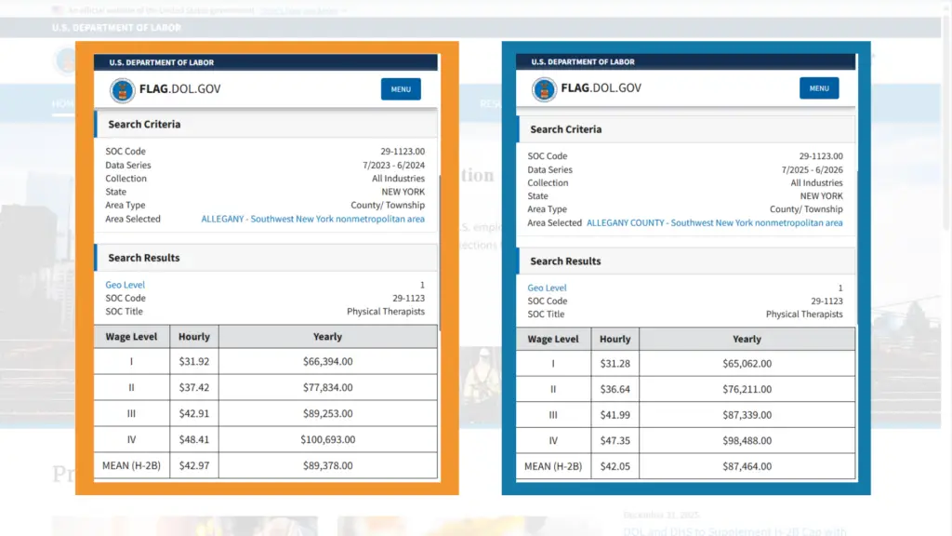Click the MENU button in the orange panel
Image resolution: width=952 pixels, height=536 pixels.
coord(401,89)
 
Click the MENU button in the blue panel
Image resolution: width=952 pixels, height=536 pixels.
coord(819,88)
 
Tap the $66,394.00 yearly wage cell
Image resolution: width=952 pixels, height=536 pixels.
coord(327,361)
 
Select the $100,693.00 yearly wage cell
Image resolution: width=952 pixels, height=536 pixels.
coord(327,439)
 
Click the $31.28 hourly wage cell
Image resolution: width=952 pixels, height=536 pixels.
coord(615,364)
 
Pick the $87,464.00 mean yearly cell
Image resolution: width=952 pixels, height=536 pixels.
coord(747,466)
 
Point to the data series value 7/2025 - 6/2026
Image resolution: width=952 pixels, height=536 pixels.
coord(812,169)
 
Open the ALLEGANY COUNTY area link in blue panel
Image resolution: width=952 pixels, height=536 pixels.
coord(714,223)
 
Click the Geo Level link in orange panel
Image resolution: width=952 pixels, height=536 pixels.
coord(125,285)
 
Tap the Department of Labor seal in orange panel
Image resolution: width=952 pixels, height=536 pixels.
coord(122,90)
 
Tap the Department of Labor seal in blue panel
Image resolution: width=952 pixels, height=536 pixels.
coord(544,89)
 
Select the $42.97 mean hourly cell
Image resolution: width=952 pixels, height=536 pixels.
coord(193,465)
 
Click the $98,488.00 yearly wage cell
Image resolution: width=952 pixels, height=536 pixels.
coord(747,441)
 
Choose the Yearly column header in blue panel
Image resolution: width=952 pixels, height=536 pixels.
coord(747,339)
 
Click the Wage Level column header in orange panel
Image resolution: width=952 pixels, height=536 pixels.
coord(132,337)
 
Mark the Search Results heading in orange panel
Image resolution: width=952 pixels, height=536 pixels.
coord(144,258)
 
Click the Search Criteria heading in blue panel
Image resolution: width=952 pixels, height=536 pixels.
coord(565,129)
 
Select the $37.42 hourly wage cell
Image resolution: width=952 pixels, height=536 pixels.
coord(193,387)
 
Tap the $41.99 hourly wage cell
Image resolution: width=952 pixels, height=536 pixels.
coord(615,415)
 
